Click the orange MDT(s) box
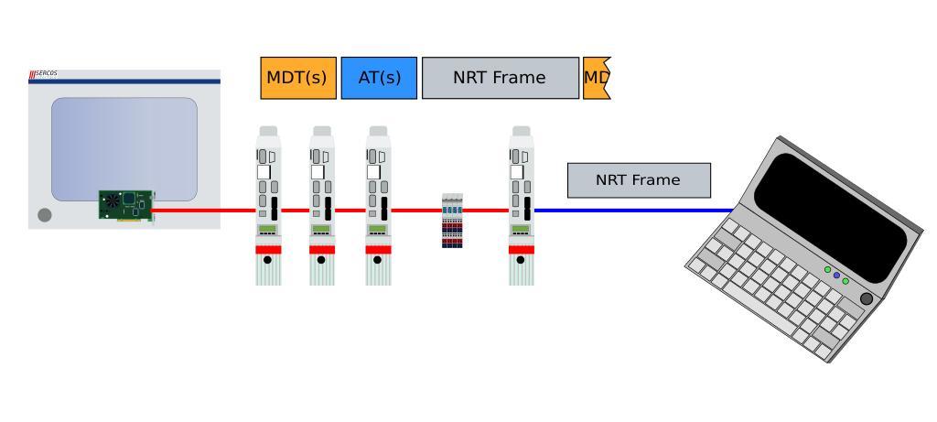point(298,78)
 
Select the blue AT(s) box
point(379,78)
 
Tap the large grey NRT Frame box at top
point(500,78)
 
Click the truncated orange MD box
point(596,78)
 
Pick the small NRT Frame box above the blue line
point(639,180)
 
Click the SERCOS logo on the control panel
point(44,73)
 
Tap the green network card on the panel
point(126,205)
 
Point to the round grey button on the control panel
point(45,215)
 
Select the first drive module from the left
point(268,206)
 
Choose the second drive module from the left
point(322,206)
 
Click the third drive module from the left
point(378,206)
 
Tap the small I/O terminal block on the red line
point(452,221)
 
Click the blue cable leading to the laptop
point(631,211)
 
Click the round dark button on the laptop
point(867,298)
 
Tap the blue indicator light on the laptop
point(836,275)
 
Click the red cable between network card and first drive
point(203,211)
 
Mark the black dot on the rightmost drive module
point(521,260)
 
